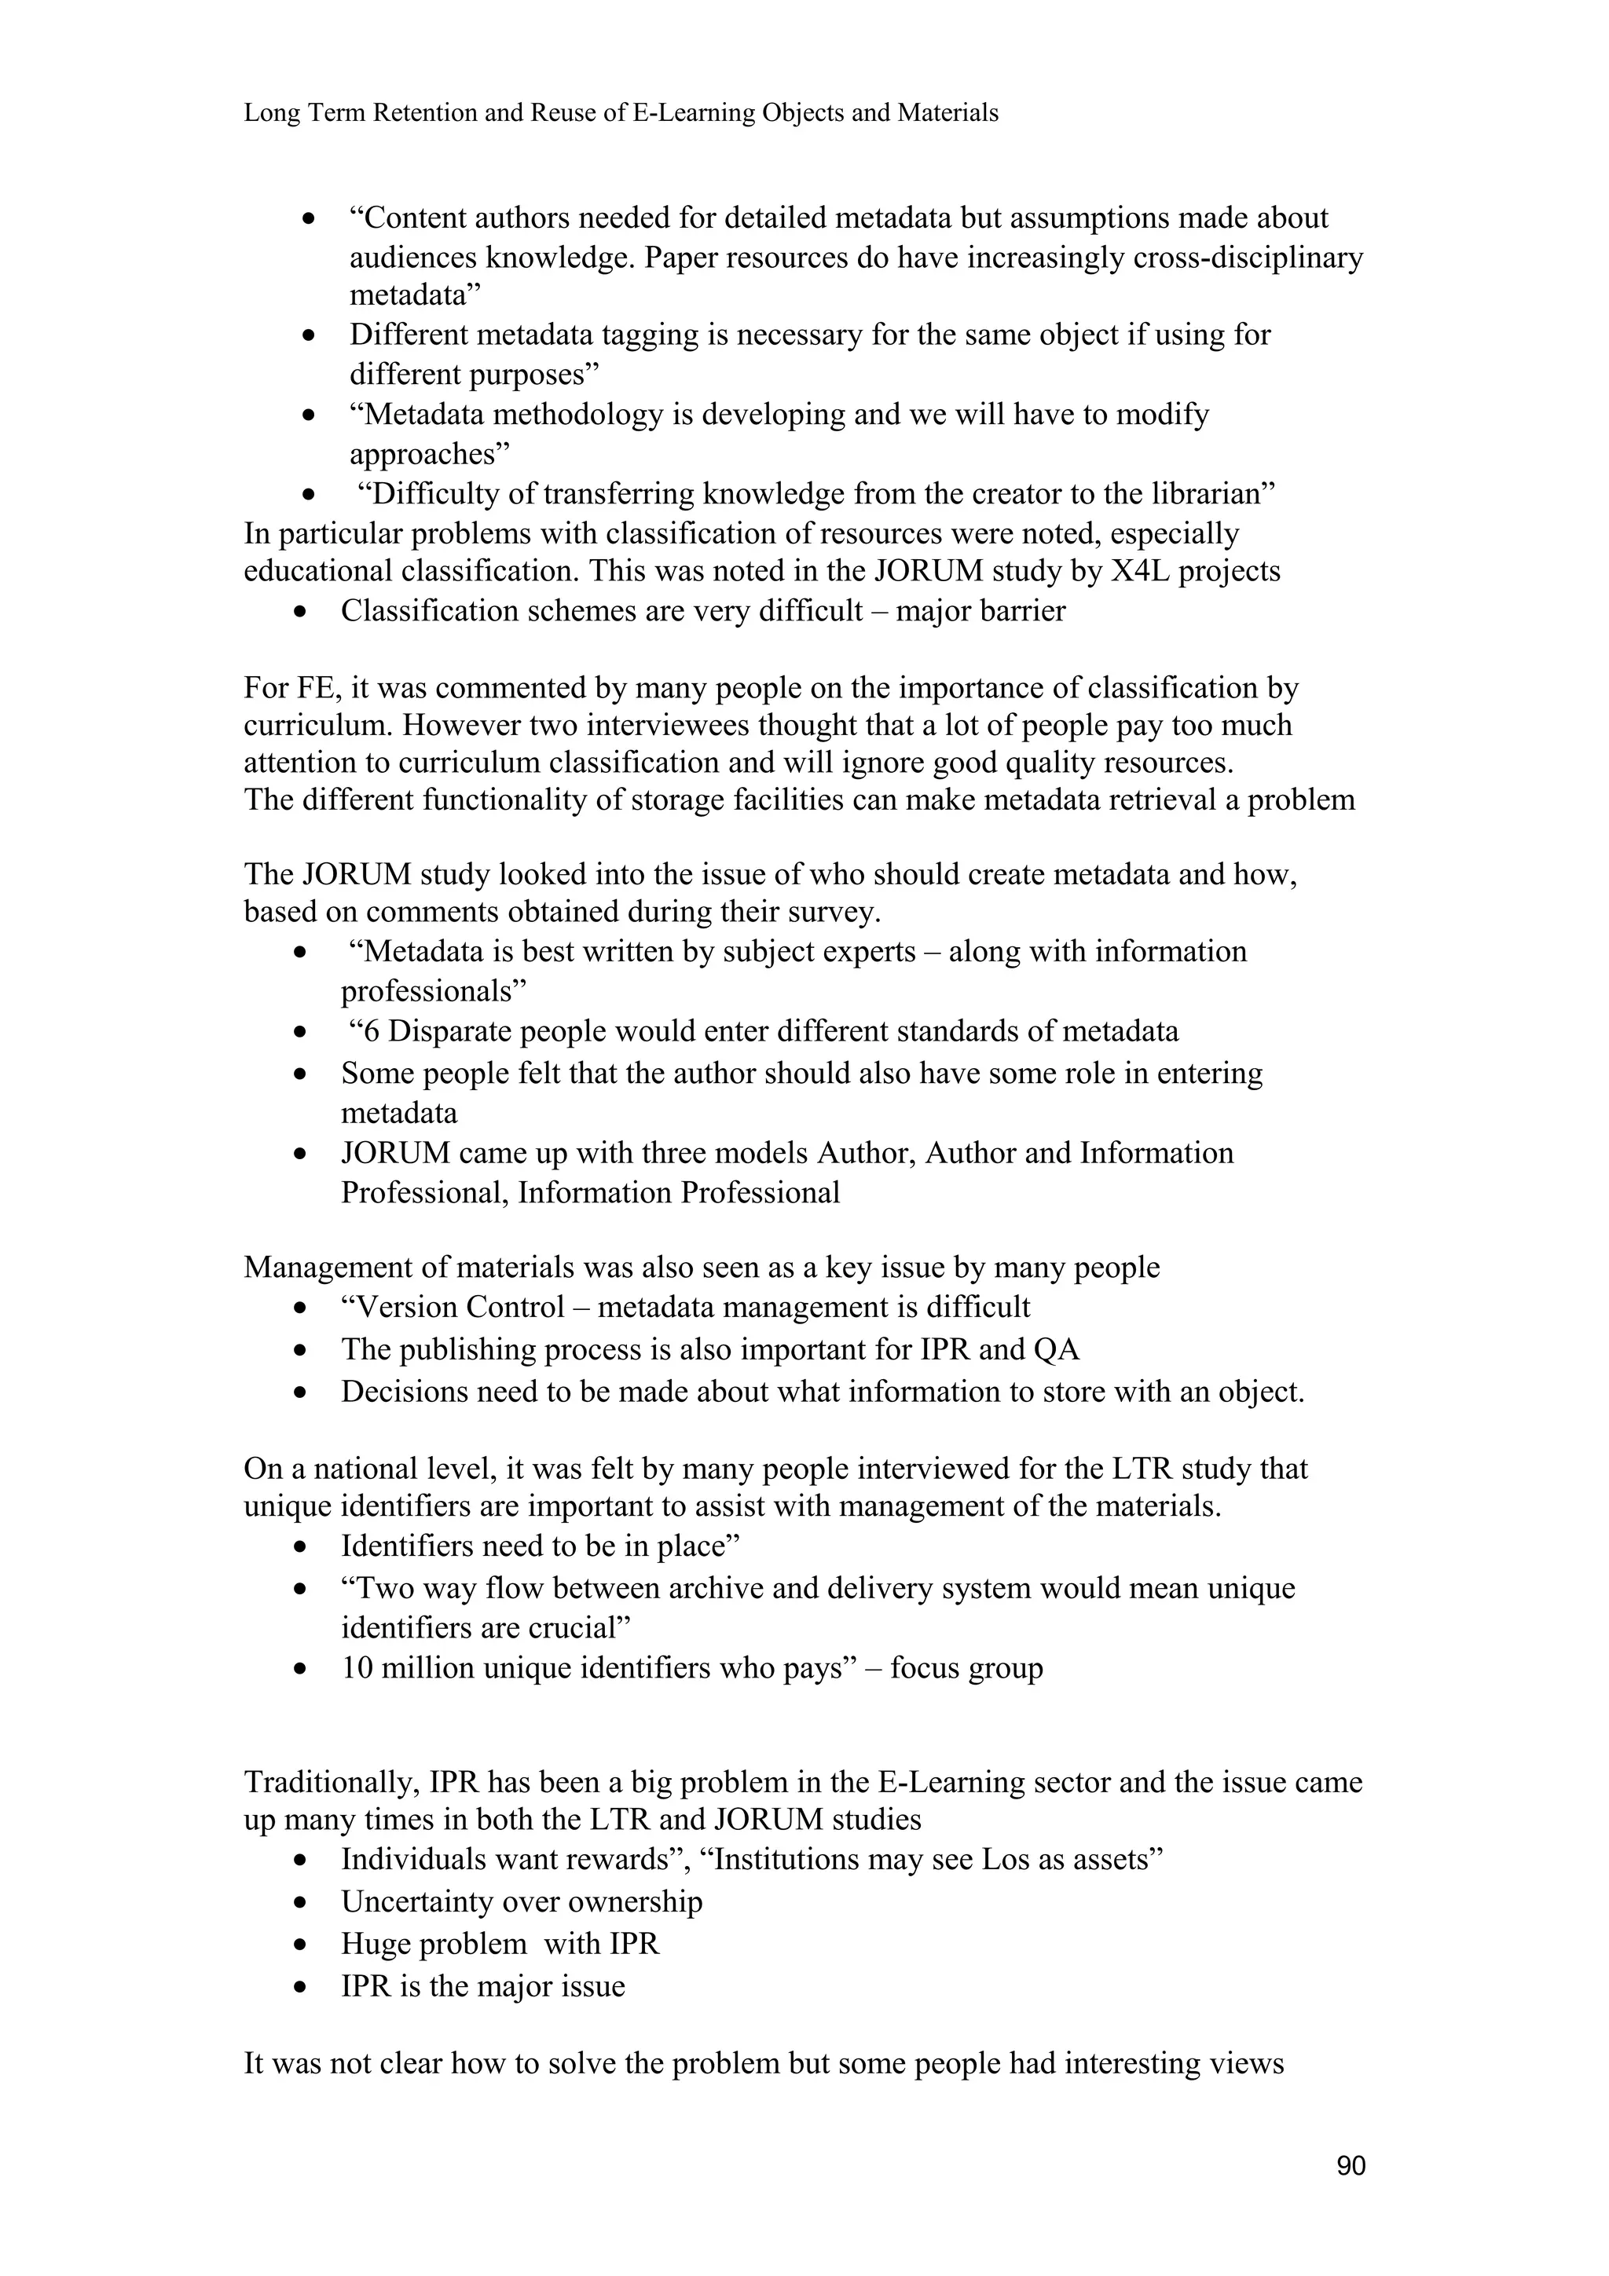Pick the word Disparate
click(446, 1032)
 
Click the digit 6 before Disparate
click(371, 1032)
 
